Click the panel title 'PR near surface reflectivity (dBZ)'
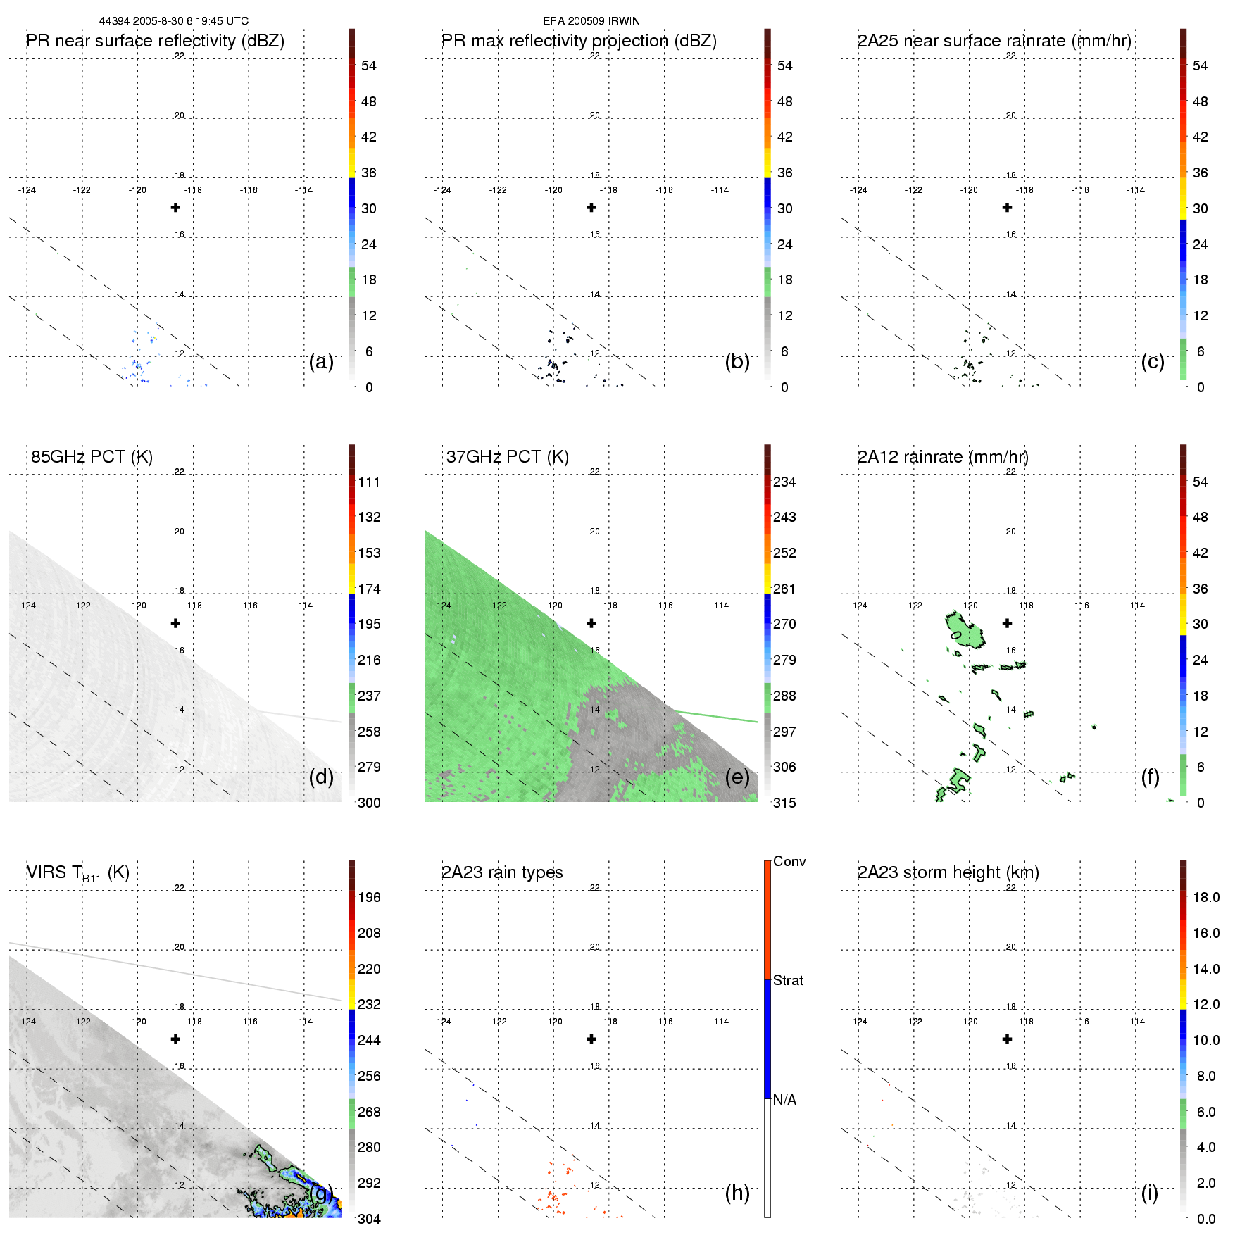pos(155,41)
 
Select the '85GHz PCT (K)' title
pos(92,457)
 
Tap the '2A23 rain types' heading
pos(502,872)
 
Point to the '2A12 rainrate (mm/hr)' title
pos(943,457)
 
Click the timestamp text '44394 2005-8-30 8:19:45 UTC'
pos(173,21)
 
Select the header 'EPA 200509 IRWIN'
pos(591,21)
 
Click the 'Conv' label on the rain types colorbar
pos(789,861)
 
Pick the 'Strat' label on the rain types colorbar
pos(788,980)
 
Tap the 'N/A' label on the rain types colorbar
pos(784,1100)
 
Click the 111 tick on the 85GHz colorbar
pos(369,482)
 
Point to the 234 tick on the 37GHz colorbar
pos(784,482)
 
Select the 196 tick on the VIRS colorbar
pos(369,897)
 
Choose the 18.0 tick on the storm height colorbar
pos(1206,897)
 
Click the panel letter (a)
pos(321,361)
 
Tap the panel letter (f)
pos(1151,777)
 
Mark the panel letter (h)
pos(737,1192)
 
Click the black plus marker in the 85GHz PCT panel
pos(176,623)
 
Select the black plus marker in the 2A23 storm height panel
pos(1008,1039)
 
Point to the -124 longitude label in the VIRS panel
pos(27,1022)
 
